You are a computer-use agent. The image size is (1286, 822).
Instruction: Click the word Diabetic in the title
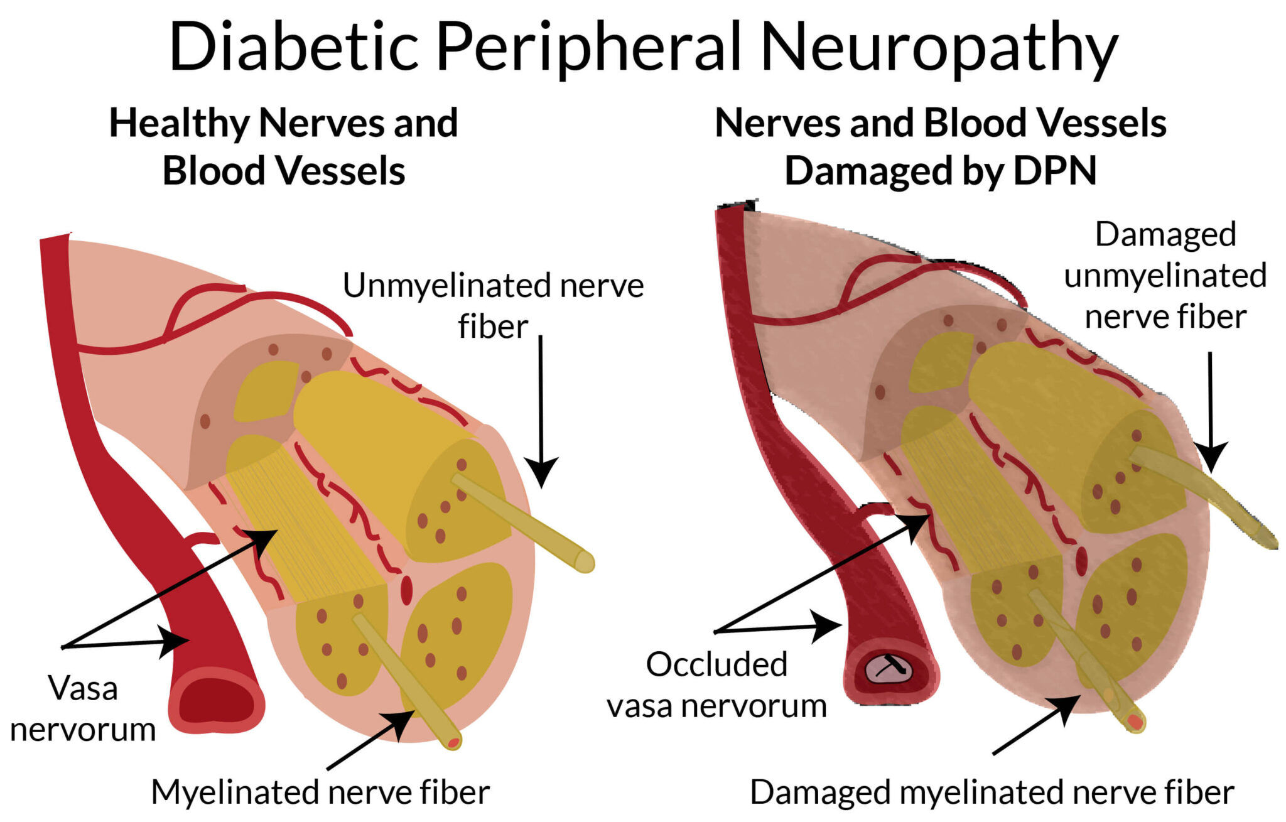click(294, 48)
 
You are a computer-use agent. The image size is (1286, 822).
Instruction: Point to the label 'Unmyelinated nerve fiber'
click(493, 306)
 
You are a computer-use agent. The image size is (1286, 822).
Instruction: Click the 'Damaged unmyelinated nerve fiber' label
click(1165, 275)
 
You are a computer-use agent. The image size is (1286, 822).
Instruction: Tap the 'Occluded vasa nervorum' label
click(716, 685)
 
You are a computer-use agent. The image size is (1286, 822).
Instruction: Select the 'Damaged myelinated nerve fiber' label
click(992, 792)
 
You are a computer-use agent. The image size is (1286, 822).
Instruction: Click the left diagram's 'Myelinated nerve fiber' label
click(320, 792)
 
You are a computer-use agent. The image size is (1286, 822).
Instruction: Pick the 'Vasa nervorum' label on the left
click(83, 708)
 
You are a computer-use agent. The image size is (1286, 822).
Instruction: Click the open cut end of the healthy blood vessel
click(217, 701)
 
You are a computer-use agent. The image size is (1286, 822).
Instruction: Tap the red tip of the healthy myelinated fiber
click(453, 743)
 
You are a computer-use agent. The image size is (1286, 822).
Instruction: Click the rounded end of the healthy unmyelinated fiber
click(585, 563)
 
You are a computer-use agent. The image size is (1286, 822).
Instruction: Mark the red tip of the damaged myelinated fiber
click(1135, 722)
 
